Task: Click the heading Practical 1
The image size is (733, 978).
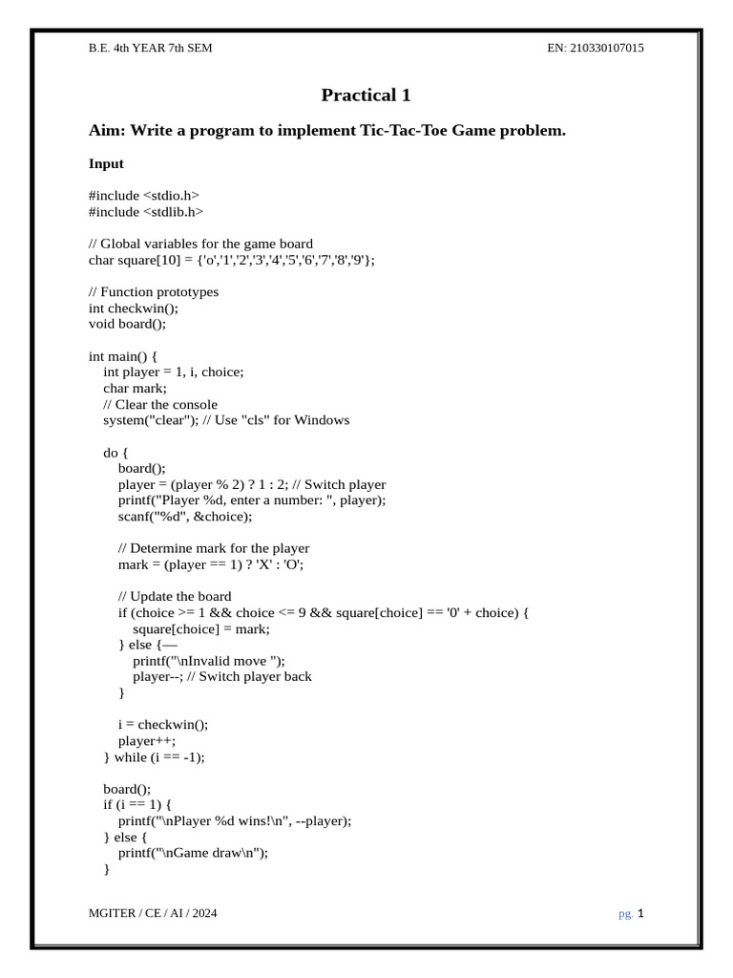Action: click(x=366, y=95)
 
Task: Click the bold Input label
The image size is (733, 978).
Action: click(x=106, y=163)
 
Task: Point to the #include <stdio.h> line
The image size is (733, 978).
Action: click(x=144, y=196)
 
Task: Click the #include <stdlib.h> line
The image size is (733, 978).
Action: click(x=146, y=212)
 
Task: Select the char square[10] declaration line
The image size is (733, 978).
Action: click(x=232, y=260)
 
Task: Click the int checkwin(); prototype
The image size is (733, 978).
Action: click(x=134, y=308)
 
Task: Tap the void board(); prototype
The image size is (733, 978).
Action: click(x=127, y=324)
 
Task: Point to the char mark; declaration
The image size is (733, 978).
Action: click(x=135, y=388)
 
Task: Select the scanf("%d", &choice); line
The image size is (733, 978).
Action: click(x=185, y=517)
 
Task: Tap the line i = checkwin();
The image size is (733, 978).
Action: click(x=163, y=724)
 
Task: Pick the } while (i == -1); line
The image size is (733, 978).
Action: click(x=155, y=756)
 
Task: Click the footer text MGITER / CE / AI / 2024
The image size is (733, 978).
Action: click(x=153, y=913)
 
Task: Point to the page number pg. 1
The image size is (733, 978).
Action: click(x=632, y=913)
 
